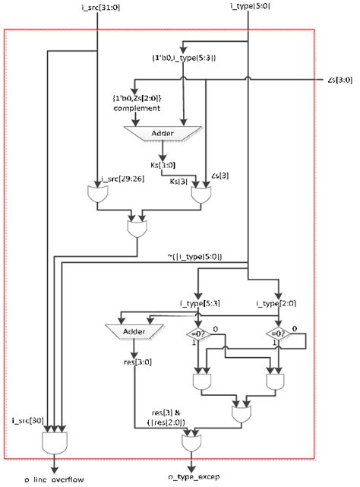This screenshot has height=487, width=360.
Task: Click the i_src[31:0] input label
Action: click(99, 7)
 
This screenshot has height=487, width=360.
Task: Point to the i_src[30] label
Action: click(27, 419)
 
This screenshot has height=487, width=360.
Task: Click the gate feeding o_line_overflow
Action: click(56, 441)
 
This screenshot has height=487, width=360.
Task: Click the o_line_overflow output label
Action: click(53, 480)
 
